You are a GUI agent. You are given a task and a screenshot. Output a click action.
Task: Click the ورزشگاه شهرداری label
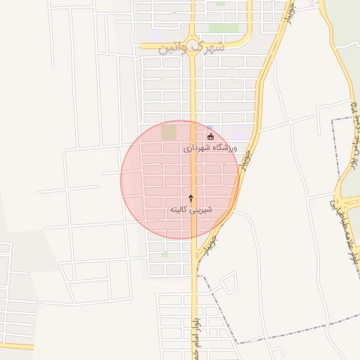pyautogui.click(x=210, y=148)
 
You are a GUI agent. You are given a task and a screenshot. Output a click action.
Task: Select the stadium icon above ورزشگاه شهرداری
pyautogui.click(x=210, y=136)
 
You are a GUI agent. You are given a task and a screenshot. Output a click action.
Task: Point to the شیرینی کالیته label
pyautogui.click(x=191, y=210)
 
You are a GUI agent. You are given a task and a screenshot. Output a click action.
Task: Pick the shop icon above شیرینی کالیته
pyautogui.click(x=191, y=198)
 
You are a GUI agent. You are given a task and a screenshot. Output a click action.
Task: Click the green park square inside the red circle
pyautogui.click(x=169, y=132)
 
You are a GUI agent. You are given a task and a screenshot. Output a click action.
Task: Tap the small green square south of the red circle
pyautogui.click(x=165, y=255)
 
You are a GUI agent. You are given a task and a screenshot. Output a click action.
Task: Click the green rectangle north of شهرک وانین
pyautogui.click(x=224, y=29)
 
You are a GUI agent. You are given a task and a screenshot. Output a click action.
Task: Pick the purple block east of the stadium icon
pyautogui.click(x=240, y=131)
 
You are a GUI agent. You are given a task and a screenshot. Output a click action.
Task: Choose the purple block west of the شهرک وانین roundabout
pyautogui.click(x=157, y=35)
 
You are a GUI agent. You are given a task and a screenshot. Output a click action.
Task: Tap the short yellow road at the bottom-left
pyautogui.click(x=17, y=346)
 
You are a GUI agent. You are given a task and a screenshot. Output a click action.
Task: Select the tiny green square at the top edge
pyautogui.click(x=221, y=3)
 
